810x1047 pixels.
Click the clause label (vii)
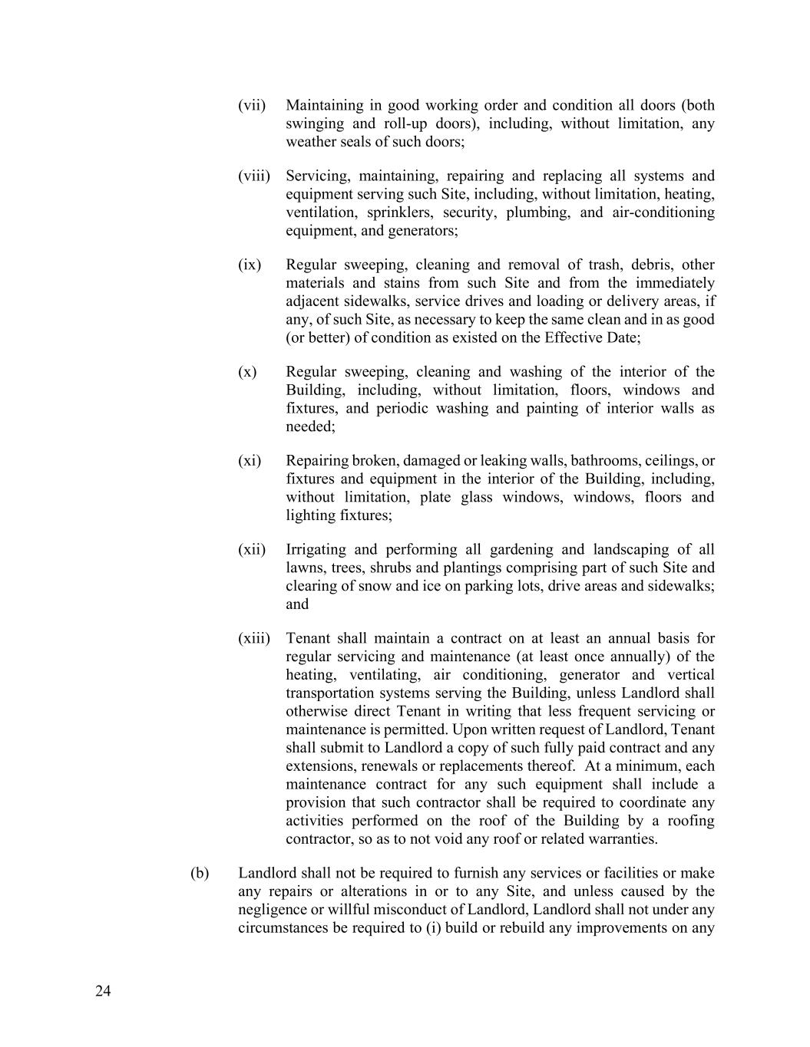252,105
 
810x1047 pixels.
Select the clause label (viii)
254,176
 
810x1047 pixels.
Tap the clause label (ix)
250,265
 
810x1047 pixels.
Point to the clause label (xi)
250,460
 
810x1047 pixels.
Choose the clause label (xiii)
254,638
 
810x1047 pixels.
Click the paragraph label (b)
200,873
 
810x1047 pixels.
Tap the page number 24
103,991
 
